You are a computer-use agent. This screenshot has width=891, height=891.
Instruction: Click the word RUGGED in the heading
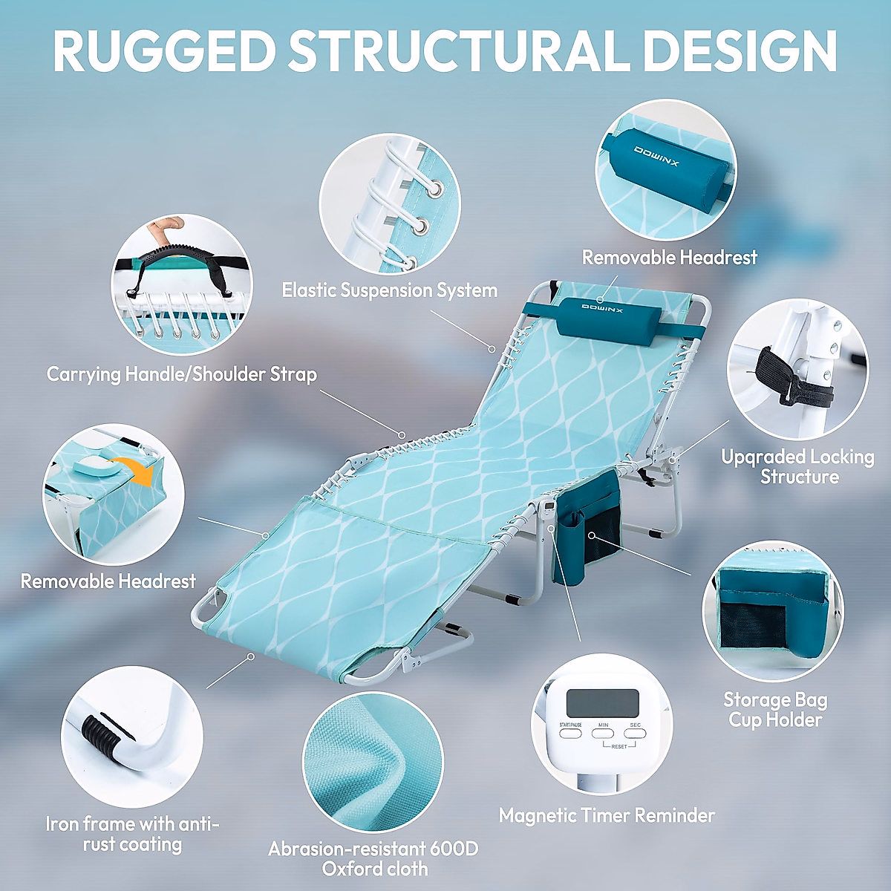pyautogui.click(x=164, y=50)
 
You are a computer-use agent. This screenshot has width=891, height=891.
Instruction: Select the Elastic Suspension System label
pyautogui.click(x=389, y=290)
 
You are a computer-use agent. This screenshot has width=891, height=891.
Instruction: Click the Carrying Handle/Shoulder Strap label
pyautogui.click(x=182, y=374)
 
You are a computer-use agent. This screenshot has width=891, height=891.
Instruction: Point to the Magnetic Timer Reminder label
pyautogui.click(x=607, y=815)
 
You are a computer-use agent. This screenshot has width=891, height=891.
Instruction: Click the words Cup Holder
pyautogui.click(x=775, y=719)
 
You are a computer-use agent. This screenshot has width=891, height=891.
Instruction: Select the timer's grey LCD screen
pyautogui.click(x=602, y=702)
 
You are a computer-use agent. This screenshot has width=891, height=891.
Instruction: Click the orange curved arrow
pyautogui.click(x=140, y=471)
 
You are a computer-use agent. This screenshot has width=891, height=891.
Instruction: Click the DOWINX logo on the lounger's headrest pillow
pyautogui.click(x=603, y=307)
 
